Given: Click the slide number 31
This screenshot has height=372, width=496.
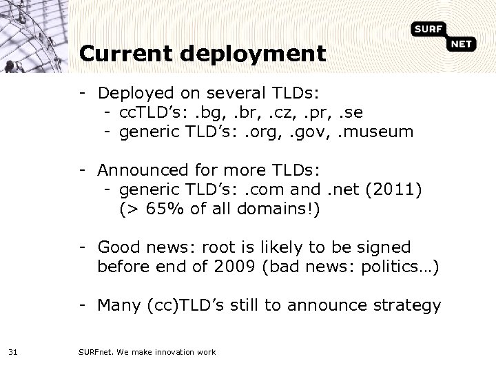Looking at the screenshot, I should coord(12,352).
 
